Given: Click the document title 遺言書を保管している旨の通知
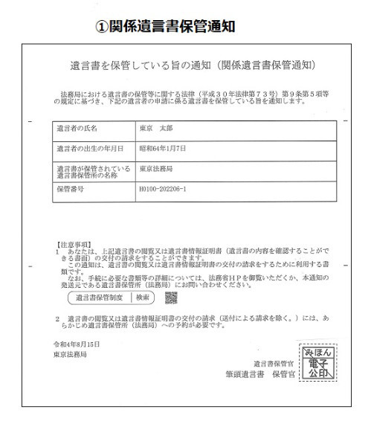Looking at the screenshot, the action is click(126, 65).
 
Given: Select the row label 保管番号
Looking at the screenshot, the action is click(71, 190).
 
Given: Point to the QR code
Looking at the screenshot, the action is click(171, 298).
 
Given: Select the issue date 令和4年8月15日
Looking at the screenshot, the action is click(76, 345).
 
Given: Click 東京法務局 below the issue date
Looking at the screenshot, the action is click(71, 356).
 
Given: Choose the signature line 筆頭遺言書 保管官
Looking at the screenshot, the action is click(259, 374).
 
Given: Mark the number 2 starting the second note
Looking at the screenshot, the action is click(57, 318).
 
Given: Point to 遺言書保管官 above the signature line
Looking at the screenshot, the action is click(273, 363).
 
